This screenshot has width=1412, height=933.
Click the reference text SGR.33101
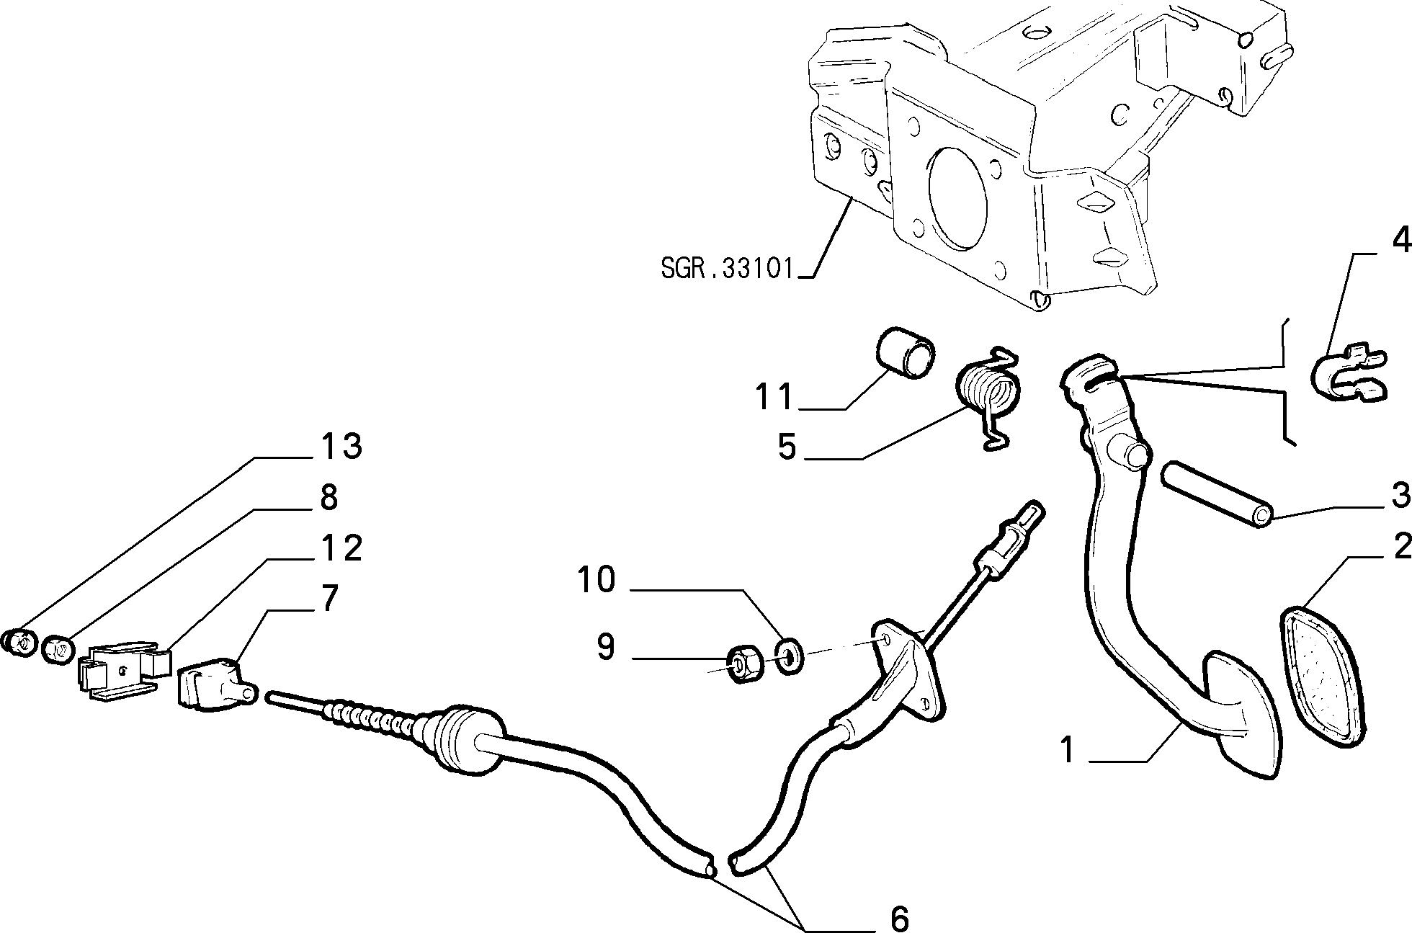726,268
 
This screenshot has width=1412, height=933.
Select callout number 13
341,447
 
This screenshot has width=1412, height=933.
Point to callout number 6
900,918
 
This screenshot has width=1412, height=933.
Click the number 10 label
596,579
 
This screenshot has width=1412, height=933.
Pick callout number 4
1401,241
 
